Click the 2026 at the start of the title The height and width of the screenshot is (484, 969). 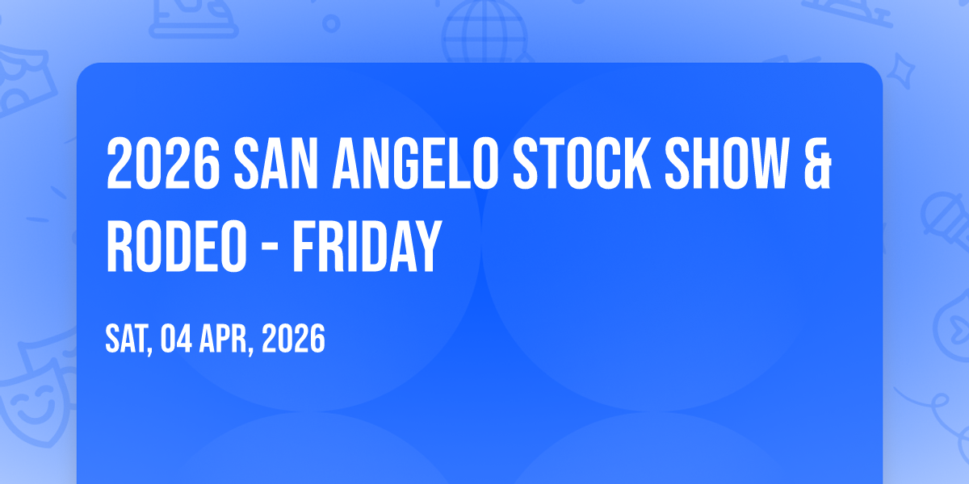tap(163, 163)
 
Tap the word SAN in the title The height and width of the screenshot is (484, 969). tap(276, 163)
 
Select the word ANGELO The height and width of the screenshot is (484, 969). tap(415, 163)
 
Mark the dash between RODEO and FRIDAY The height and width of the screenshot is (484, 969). tap(270, 249)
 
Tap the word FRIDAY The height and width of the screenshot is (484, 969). tap(367, 246)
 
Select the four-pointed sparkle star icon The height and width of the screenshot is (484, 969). tap(901, 71)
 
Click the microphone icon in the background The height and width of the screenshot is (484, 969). tap(946, 220)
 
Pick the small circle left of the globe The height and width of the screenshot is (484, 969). tap(331, 23)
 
